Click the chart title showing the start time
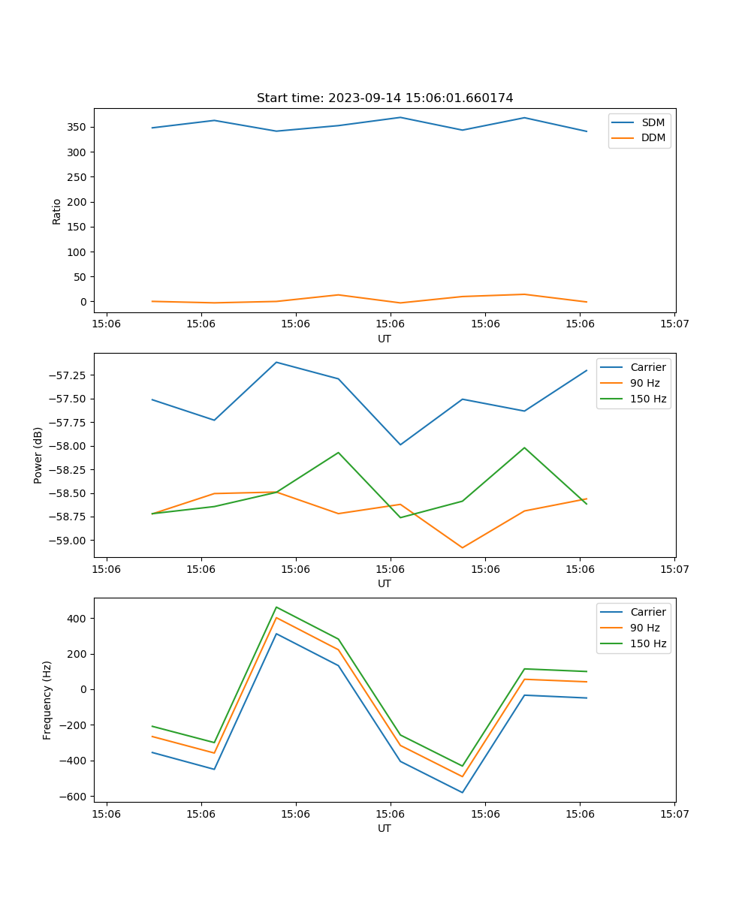(385, 98)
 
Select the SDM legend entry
(653, 122)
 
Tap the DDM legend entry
(653, 137)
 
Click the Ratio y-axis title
(57, 211)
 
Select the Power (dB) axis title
(38, 455)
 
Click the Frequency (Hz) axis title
(47, 700)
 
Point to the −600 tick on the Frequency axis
(73, 796)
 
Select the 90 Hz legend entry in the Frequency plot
(645, 628)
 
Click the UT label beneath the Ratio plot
(385, 339)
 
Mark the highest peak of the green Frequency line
(276, 607)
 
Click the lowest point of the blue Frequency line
(462, 792)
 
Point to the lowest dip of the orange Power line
(462, 547)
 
